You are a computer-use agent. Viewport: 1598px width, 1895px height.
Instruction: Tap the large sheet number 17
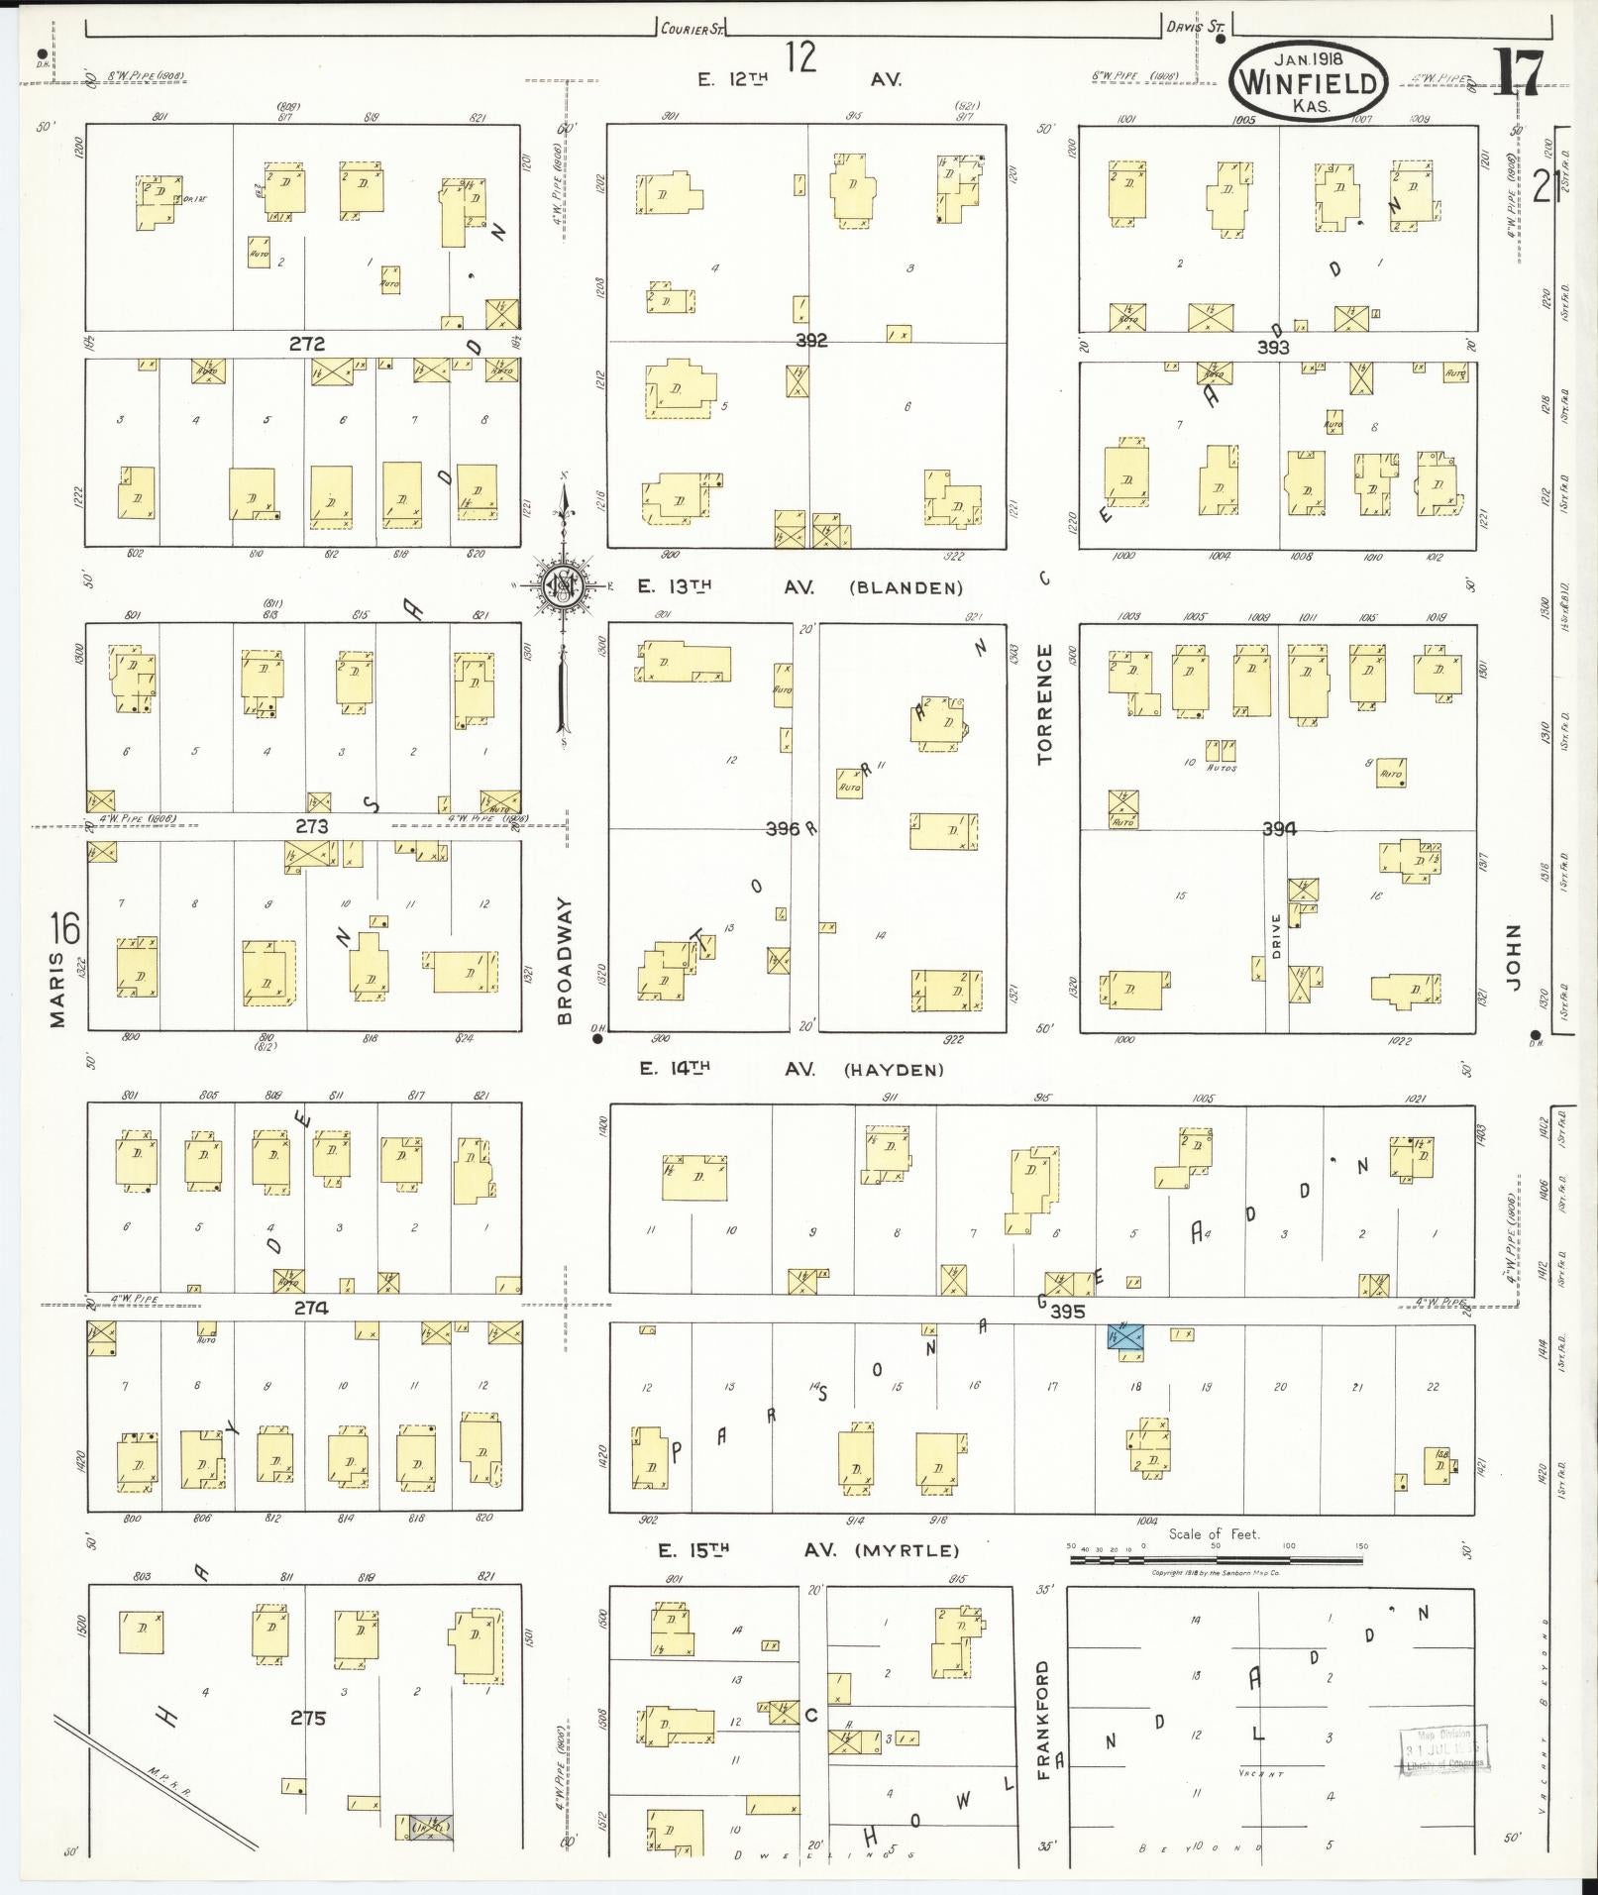1517,74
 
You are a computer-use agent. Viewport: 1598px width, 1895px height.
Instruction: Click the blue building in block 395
1125,1336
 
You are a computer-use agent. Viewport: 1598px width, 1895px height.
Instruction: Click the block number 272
308,344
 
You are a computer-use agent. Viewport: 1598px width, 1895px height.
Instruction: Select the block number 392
810,341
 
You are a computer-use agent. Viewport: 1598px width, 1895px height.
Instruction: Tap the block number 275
308,1718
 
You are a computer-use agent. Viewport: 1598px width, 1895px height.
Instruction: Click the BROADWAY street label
565,960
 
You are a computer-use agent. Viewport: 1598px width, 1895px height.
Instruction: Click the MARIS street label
57,990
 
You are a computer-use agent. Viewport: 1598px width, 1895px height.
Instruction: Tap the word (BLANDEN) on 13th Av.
906,587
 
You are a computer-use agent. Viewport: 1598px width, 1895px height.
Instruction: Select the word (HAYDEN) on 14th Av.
894,1070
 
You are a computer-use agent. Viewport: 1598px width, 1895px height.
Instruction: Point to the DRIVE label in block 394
1276,935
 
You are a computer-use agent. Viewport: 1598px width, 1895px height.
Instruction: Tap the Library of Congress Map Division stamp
1442,1751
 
